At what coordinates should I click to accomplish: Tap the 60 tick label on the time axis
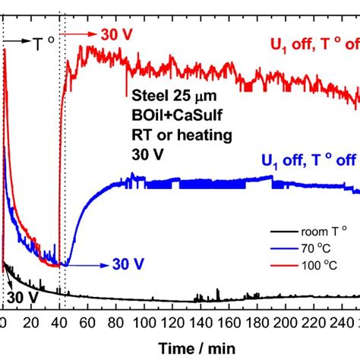click(x=87, y=323)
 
